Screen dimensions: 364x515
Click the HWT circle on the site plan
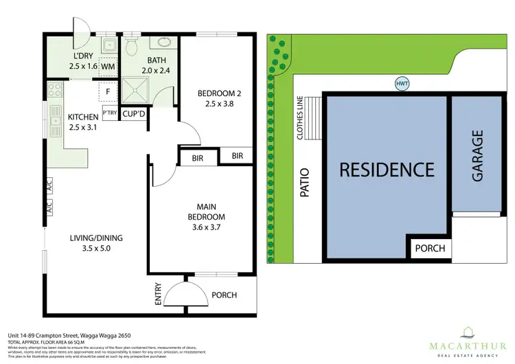[402, 84]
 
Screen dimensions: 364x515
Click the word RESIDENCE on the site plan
[387, 169]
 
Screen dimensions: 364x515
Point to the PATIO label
[304, 183]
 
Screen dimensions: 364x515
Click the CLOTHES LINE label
[300, 117]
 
